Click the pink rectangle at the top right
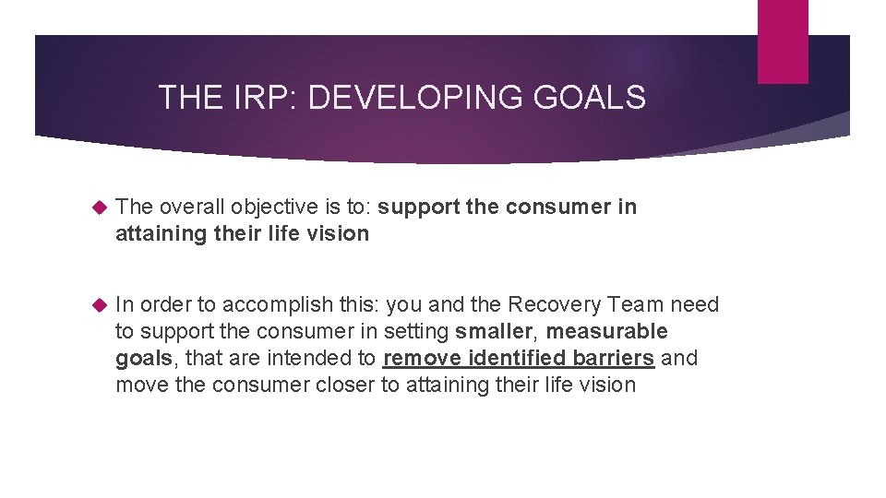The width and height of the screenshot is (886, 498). coord(783,41)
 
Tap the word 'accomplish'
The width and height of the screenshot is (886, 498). coord(269,305)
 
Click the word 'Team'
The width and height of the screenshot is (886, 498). coord(641,305)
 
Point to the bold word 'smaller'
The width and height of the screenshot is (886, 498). coord(493,332)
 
